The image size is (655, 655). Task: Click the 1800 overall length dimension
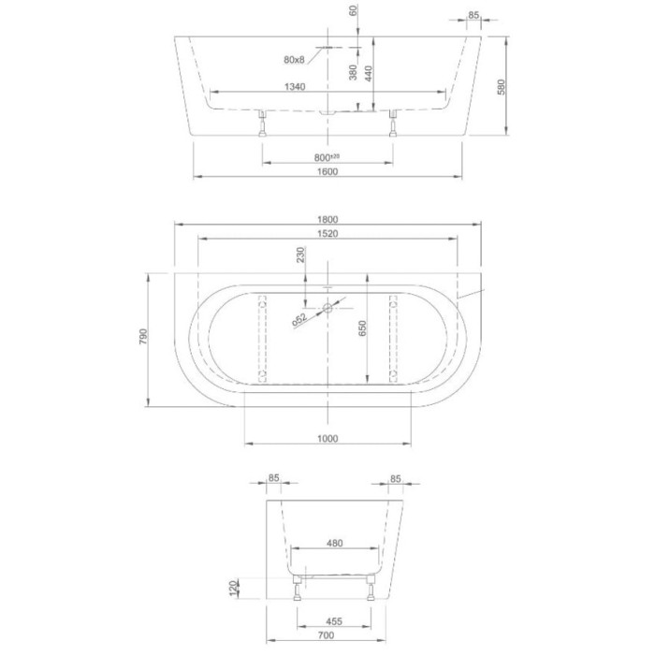327,220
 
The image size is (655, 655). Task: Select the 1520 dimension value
327,234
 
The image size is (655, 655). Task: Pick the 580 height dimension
502,87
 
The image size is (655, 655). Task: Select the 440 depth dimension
369,74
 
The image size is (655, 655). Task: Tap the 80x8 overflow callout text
294,60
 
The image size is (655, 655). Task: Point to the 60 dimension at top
354,12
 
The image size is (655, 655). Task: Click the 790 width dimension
143,336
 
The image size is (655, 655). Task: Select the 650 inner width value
360,327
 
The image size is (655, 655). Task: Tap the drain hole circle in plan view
327,306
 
